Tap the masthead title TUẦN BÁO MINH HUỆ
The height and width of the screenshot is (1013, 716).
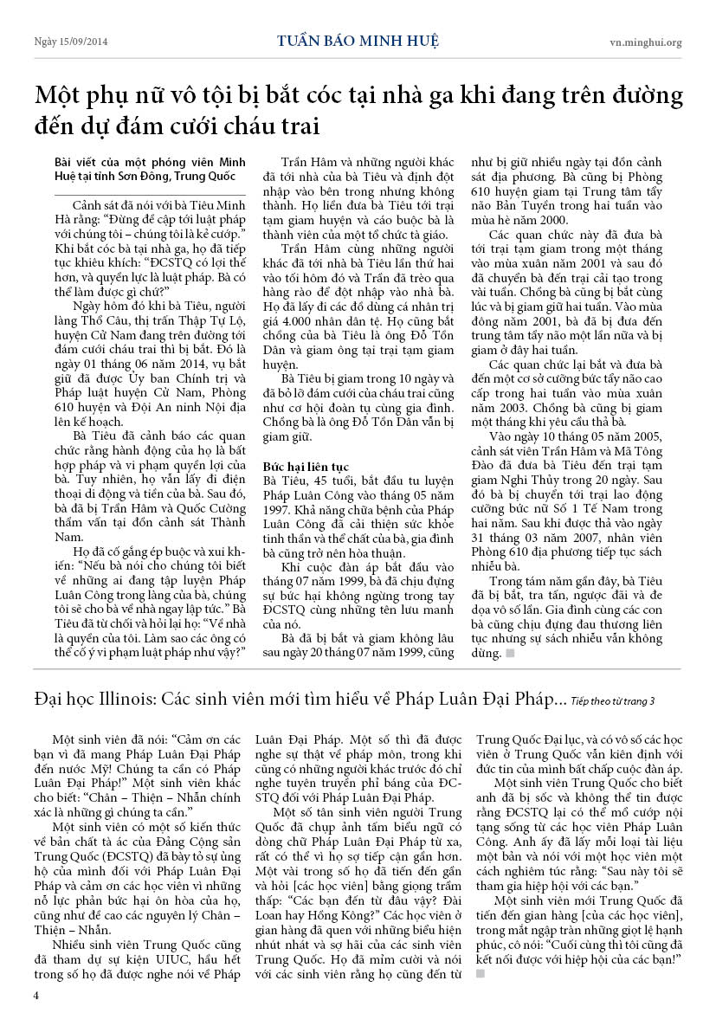358,41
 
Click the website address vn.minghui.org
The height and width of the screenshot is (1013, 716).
646,42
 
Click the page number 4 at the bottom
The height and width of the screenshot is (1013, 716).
36,995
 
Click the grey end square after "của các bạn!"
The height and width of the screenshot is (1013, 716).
481,973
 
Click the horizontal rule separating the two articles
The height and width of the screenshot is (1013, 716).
358,668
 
